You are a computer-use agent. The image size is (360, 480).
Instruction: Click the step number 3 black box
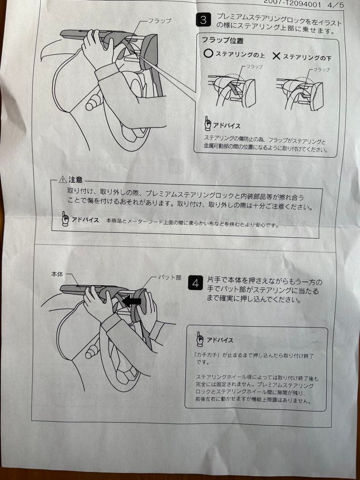click(x=203, y=20)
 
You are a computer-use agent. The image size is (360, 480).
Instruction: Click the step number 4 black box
click(x=196, y=283)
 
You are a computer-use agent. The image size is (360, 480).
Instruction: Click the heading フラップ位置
click(x=222, y=41)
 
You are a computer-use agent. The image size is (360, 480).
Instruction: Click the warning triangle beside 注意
click(x=63, y=180)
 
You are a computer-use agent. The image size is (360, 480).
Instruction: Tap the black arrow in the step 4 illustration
click(x=132, y=301)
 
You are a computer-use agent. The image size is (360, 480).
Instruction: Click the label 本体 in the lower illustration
click(x=58, y=275)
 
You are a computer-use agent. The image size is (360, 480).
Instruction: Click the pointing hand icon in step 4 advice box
click(x=200, y=339)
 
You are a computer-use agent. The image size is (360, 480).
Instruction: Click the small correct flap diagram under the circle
click(x=231, y=89)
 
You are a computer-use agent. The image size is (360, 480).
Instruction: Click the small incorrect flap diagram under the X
click(x=300, y=91)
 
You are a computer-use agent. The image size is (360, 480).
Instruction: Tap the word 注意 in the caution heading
click(x=76, y=180)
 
